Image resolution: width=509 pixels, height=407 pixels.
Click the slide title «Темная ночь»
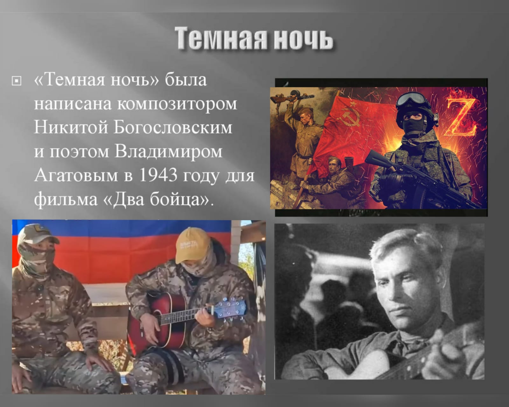tap(254, 38)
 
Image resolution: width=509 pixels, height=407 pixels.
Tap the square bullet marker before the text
tap(16, 81)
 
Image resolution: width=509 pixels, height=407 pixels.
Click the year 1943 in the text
tap(158, 175)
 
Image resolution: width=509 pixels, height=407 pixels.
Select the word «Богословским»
tap(173, 127)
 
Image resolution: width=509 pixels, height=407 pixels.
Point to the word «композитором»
tap(177, 104)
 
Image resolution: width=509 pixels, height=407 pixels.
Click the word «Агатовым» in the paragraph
tap(76, 175)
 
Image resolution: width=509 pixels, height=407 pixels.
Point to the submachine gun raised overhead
tap(293, 97)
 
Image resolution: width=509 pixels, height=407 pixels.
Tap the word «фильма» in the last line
tap(66, 199)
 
